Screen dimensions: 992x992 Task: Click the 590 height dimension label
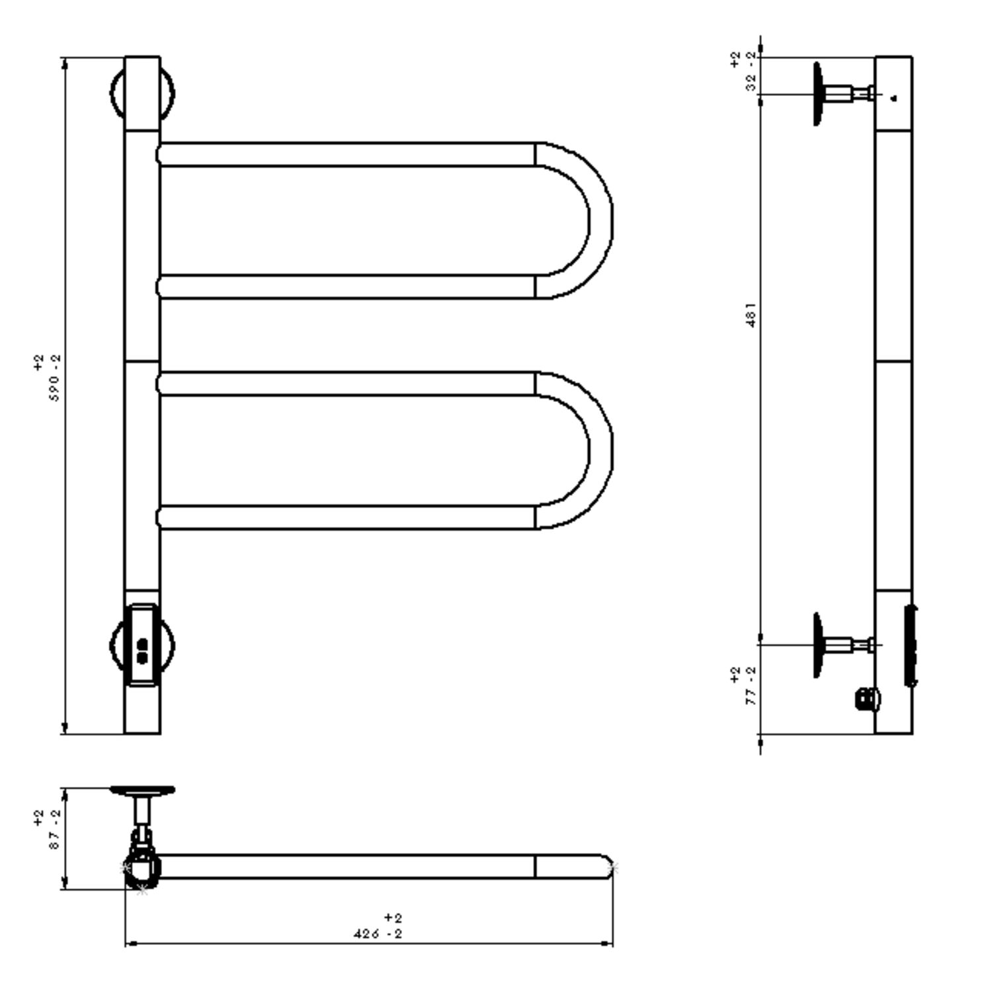(56, 378)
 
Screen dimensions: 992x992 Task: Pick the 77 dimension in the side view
(751, 686)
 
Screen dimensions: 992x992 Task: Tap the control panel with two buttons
(142, 645)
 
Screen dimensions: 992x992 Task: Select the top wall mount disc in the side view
(817, 93)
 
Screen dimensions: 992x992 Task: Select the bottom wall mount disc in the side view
(817, 645)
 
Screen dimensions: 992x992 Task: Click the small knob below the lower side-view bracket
(868, 699)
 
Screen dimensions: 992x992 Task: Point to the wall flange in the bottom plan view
(142, 790)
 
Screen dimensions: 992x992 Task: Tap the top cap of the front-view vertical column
(142, 93)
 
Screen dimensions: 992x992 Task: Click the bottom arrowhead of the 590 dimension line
(65, 727)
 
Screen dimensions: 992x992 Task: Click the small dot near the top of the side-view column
(894, 99)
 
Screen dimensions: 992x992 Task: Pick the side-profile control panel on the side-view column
(911, 645)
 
